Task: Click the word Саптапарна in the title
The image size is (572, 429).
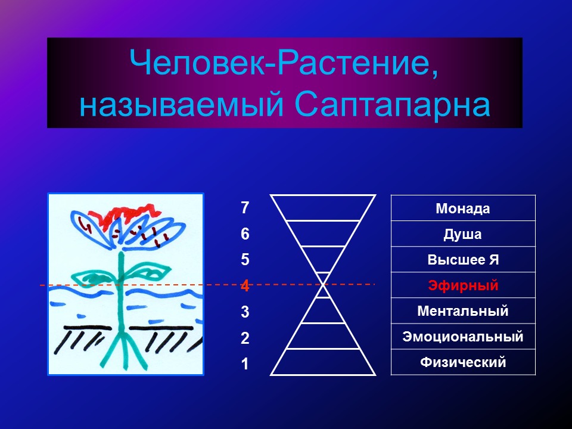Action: click(x=392, y=105)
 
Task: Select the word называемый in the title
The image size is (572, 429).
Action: click(x=182, y=106)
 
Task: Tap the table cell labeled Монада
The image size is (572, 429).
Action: click(x=463, y=209)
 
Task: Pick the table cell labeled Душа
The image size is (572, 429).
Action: click(x=463, y=234)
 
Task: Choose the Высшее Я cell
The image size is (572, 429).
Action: click(x=463, y=259)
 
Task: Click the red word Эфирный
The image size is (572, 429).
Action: click(x=463, y=285)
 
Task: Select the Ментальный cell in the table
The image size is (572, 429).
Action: click(x=463, y=311)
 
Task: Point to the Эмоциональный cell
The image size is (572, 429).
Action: click(x=463, y=336)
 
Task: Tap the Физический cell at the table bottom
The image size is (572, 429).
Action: click(x=463, y=362)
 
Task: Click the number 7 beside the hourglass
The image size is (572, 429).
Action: click(x=245, y=208)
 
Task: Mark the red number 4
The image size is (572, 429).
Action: click(x=245, y=285)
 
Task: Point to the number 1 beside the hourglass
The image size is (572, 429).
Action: click(x=245, y=363)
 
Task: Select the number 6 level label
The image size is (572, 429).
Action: click(x=245, y=234)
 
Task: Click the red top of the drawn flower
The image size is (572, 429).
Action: click(x=128, y=215)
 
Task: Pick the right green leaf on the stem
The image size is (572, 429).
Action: click(x=148, y=271)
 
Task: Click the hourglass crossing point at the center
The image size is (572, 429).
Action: click(x=323, y=285)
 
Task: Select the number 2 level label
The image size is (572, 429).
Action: click(x=245, y=338)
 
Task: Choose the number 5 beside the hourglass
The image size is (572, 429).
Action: click(x=245, y=260)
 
